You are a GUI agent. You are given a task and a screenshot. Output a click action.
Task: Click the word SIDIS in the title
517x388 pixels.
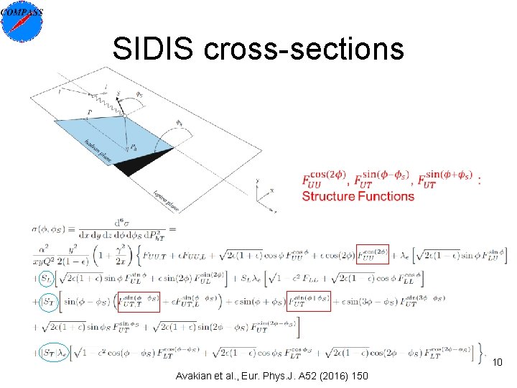(x=154, y=49)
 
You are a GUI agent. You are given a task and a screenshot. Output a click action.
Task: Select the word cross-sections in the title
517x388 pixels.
(x=304, y=49)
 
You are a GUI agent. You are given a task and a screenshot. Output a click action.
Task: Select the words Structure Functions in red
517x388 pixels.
(x=358, y=196)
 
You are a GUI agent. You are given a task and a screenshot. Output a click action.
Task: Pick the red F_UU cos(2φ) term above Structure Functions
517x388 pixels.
(x=324, y=179)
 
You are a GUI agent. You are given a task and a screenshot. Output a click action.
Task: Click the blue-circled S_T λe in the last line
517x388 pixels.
(x=53, y=353)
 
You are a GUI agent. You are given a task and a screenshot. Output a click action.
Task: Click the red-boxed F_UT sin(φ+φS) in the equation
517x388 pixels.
(x=308, y=302)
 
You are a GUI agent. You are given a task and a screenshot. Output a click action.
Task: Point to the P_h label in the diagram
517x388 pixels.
(x=134, y=147)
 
